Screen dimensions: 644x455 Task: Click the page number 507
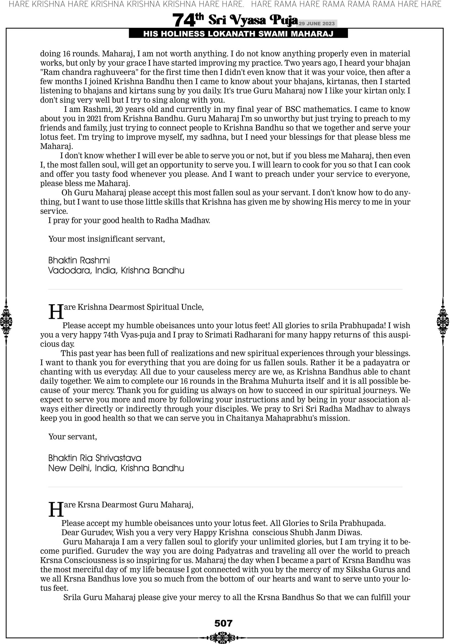point(223,623)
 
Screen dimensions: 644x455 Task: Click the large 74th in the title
point(188,20)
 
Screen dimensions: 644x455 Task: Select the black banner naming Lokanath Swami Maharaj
point(238,34)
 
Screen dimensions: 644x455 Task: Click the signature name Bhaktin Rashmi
point(79,260)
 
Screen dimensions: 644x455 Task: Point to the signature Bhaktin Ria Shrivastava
point(95,458)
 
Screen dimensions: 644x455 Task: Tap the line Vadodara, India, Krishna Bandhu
point(116,270)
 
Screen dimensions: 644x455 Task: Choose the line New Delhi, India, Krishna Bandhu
point(116,468)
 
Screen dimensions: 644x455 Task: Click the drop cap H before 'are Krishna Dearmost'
point(56,312)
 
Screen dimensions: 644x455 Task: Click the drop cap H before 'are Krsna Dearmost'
point(56,509)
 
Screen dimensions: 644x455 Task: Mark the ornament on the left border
point(6,321)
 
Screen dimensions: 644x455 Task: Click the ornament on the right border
point(443,321)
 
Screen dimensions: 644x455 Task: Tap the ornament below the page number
point(223,637)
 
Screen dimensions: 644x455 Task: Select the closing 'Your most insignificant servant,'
point(107,239)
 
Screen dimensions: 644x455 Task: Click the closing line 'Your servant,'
point(73,437)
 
